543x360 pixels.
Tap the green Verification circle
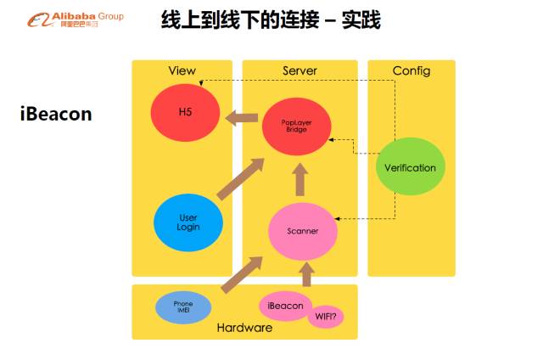pyautogui.click(x=410, y=167)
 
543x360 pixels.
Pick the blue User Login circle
pyautogui.click(x=188, y=222)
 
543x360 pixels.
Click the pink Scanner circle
pyautogui.click(x=303, y=231)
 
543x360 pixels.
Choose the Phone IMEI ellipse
pyautogui.click(x=183, y=307)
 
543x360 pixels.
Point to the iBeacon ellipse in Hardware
pyautogui.click(x=286, y=307)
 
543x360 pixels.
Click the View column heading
pyautogui.click(x=182, y=70)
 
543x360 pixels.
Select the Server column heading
pyautogui.click(x=299, y=70)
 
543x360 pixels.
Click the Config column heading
pyautogui.click(x=411, y=70)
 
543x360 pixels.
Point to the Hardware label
pyautogui.click(x=244, y=328)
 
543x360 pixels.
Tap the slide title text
pyautogui.click(x=271, y=20)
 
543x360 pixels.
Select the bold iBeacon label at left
pyautogui.click(x=56, y=114)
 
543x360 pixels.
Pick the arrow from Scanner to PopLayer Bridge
pyautogui.click(x=298, y=180)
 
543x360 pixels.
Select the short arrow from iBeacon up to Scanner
pyautogui.click(x=307, y=274)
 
